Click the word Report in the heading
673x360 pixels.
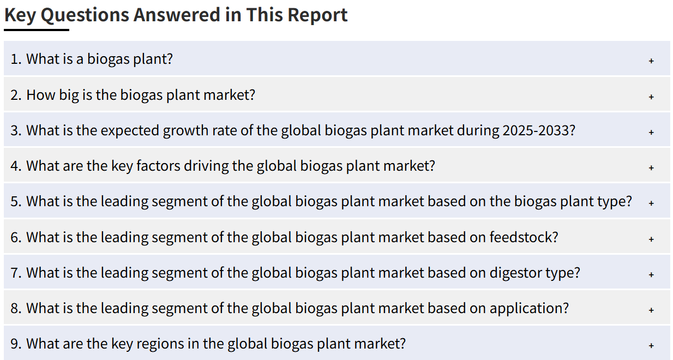pos(317,15)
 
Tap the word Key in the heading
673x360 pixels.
pos(20,16)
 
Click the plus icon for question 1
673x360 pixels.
pos(651,61)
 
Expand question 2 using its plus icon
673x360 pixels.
pos(651,97)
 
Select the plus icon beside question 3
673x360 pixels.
pos(651,132)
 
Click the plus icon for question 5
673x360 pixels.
pos(651,203)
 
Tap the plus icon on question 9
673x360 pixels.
pos(651,346)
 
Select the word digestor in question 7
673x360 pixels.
pos(515,273)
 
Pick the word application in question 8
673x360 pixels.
pos(530,308)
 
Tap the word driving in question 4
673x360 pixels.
pos(206,166)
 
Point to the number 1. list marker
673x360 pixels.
pos(16,59)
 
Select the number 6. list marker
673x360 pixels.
pos(16,237)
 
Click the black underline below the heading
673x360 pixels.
pos(37,30)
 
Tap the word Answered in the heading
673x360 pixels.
pos(177,15)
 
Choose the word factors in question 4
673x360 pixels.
pos(158,166)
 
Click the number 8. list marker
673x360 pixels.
pos(16,308)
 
